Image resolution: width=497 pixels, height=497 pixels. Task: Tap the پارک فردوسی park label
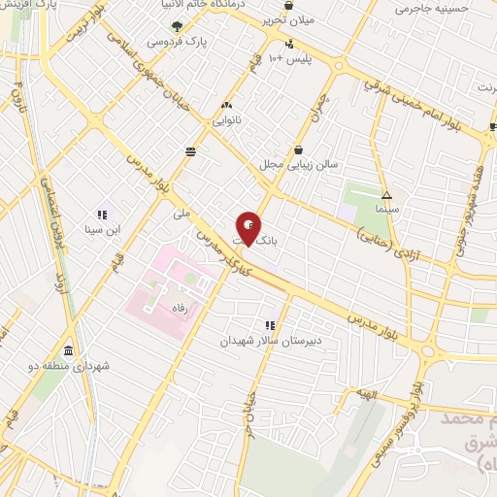pyautogui.click(x=175, y=43)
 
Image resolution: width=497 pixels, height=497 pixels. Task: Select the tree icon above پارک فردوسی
pyautogui.click(x=176, y=27)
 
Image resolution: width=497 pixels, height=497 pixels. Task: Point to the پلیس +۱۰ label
pyautogui.click(x=291, y=60)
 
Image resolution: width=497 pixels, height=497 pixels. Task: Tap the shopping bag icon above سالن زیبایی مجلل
pyautogui.click(x=297, y=149)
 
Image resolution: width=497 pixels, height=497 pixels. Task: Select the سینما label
pyautogui.click(x=388, y=209)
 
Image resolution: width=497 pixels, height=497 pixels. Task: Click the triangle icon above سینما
pyautogui.click(x=387, y=194)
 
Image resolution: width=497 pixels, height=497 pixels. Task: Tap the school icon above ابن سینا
pyautogui.click(x=101, y=215)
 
